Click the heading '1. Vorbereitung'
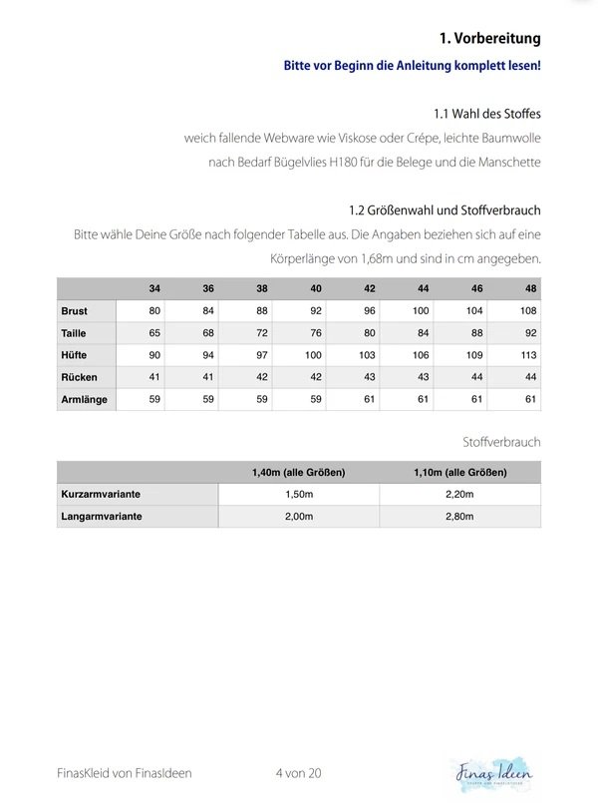489,38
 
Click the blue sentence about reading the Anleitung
412,66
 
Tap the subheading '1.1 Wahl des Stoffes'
487,113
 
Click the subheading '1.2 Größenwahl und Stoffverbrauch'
445,211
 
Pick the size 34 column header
154,288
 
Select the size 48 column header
529,288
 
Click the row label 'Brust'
75,311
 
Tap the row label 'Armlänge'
84,399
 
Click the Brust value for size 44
423,311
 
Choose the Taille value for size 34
154,333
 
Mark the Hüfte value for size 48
529,355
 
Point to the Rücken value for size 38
261,377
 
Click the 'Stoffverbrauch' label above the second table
501,441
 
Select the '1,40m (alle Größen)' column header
298,472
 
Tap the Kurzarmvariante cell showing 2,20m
459,494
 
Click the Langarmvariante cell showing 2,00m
298,517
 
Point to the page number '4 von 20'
298,772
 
